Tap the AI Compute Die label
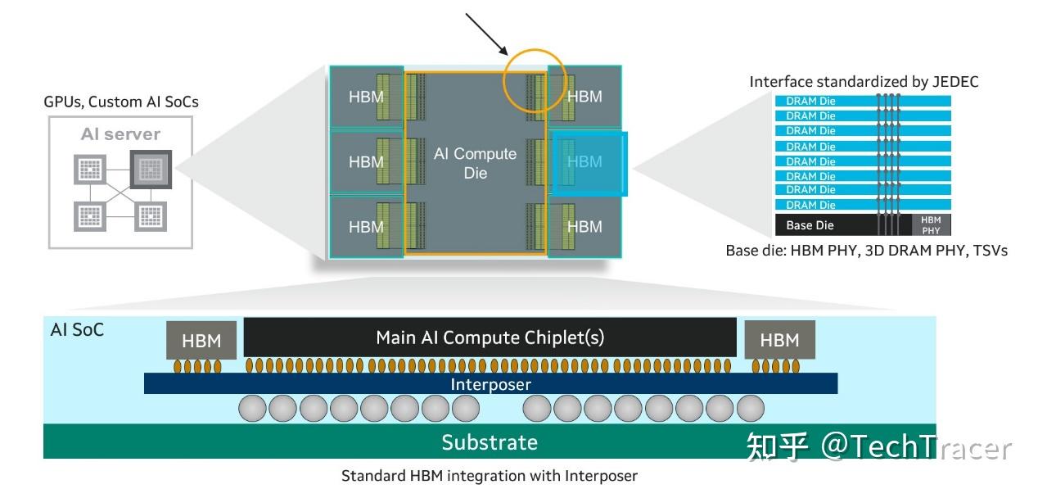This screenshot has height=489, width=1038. click(475, 163)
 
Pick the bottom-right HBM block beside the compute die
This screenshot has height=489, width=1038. click(584, 226)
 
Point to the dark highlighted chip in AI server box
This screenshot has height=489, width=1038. click(149, 170)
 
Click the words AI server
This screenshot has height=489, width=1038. click(120, 134)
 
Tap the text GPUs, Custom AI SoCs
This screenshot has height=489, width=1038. click(120, 102)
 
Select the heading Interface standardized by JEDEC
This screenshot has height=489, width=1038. click(864, 82)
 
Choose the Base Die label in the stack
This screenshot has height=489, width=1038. click(810, 225)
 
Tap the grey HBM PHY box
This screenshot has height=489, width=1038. click(931, 225)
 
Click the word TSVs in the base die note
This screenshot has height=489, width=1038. click(991, 251)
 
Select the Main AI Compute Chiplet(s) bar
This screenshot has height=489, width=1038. click(490, 337)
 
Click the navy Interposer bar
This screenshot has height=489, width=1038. click(490, 384)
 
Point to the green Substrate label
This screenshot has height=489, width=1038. click(490, 442)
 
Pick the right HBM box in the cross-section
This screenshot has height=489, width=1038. click(778, 340)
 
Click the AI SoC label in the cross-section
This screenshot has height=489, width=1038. click(77, 330)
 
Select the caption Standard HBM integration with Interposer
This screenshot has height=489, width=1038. click(489, 476)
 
